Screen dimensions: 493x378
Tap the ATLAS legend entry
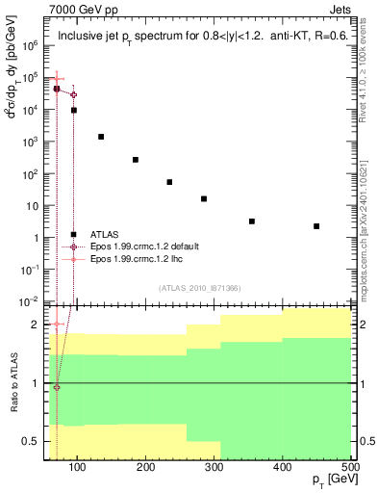click(x=105, y=234)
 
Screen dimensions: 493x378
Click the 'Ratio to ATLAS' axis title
click(x=13, y=384)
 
